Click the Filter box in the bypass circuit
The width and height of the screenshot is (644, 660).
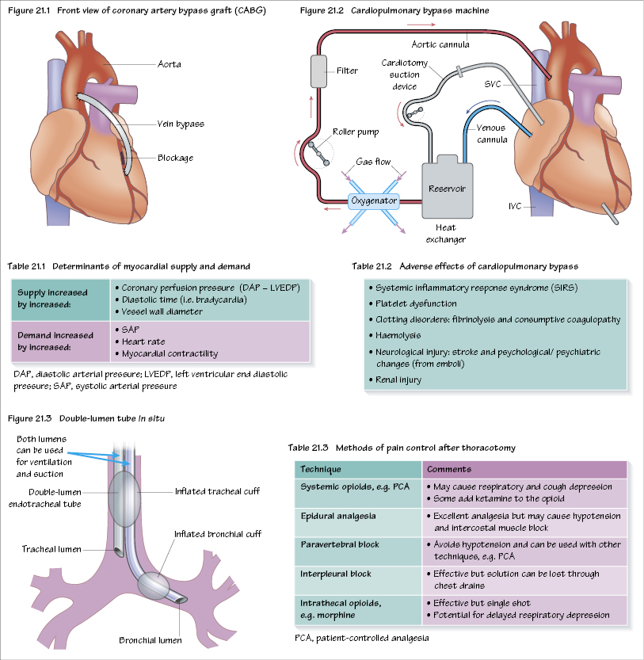[320, 71]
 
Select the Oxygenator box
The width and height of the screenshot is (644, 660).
[373, 200]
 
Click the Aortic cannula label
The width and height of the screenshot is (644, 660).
[441, 44]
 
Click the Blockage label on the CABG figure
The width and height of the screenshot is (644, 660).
[175, 158]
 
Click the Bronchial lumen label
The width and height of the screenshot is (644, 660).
[151, 640]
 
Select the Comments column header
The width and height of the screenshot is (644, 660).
[449, 469]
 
